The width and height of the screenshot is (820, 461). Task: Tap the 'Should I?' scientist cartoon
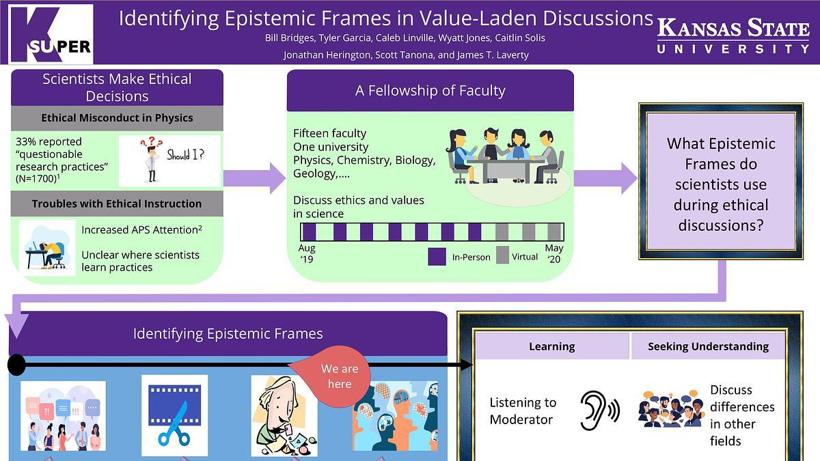(x=169, y=160)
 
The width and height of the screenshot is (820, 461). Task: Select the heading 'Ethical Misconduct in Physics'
(x=117, y=118)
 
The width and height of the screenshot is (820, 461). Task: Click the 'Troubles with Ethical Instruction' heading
(x=117, y=204)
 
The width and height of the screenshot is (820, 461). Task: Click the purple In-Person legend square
(x=437, y=256)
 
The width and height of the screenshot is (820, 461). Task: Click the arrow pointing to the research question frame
(x=605, y=178)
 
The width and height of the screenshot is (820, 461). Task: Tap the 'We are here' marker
(x=338, y=376)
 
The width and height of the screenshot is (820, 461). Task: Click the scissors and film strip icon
(x=174, y=415)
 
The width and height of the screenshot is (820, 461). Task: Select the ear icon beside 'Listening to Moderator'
(x=599, y=410)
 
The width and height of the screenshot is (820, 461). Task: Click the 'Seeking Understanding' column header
(x=708, y=347)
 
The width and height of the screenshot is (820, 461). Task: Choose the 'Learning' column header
(x=551, y=347)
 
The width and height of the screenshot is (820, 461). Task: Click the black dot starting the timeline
(x=17, y=365)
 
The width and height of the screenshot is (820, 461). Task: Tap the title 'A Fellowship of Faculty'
(x=430, y=90)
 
